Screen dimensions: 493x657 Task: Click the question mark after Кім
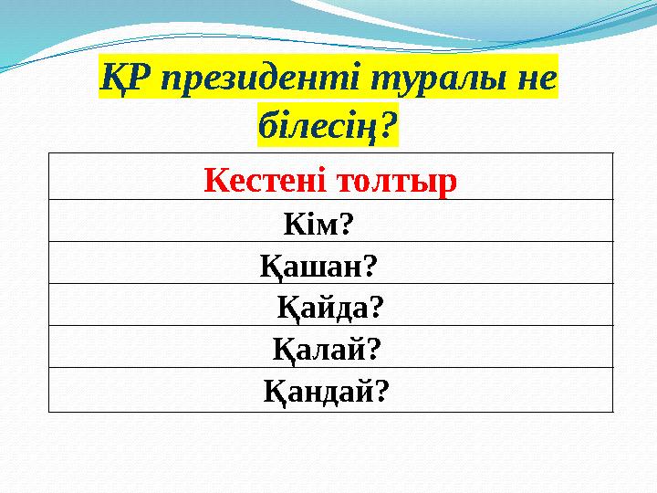348,222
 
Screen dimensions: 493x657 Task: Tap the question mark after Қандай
382,392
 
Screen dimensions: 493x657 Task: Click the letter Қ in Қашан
270,265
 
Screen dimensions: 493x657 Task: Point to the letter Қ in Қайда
287,308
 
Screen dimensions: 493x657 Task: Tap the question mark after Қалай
373,350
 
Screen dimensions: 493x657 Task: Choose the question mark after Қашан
370,265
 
